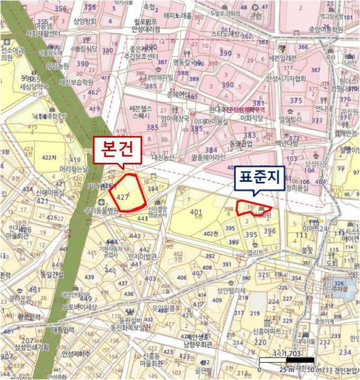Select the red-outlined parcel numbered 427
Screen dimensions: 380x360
tap(127, 193)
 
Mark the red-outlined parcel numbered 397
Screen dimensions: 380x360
tap(253, 208)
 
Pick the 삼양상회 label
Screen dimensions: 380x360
tap(85, 22)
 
